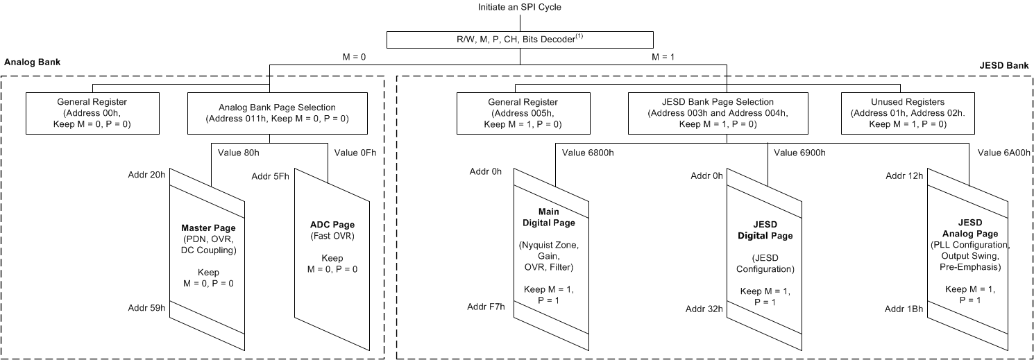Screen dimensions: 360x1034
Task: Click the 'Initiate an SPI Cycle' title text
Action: [520, 7]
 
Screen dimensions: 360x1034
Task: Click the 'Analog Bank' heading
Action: [33, 62]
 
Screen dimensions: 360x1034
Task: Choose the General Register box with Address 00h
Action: [93, 112]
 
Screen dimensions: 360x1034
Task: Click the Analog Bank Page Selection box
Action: [277, 112]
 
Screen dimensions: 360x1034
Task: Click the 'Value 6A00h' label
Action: [1003, 153]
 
